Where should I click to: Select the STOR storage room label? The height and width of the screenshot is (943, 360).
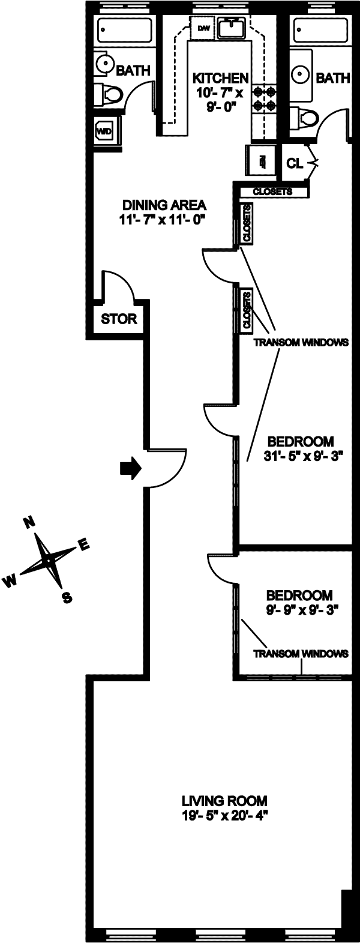[x=119, y=319]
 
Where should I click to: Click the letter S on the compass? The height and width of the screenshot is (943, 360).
[x=67, y=597]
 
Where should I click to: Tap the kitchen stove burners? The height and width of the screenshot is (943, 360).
[x=265, y=99]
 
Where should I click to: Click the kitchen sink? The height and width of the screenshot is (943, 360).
[x=230, y=27]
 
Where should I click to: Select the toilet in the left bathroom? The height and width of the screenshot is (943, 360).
[x=109, y=94]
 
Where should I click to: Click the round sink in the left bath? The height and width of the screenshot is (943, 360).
[x=106, y=64]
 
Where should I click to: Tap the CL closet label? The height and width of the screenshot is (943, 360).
[x=294, y=163]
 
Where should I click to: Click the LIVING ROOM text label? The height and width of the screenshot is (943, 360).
[x=224, y=801]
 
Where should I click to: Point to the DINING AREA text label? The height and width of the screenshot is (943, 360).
[x=163, y=203]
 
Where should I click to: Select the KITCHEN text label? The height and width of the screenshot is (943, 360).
[x=220, y=78]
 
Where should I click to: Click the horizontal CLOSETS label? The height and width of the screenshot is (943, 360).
[x=272, y=192]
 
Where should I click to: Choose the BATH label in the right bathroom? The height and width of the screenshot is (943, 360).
[x=333, y=77]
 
